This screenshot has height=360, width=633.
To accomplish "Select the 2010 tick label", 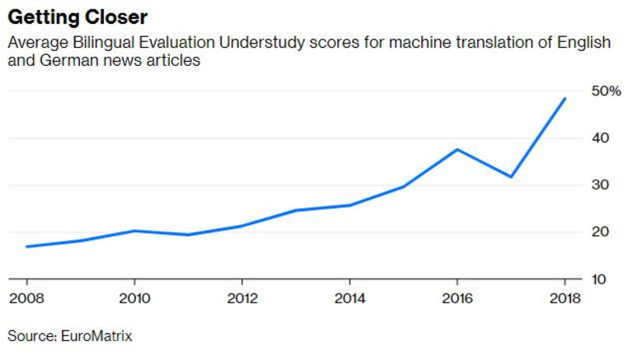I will pyautogui.click(x=134, y=297).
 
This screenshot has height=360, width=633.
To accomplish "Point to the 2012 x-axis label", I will pyautogui.click(x=241, y=297).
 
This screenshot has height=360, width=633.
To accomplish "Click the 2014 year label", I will pyautogui.click(x=349, y=297).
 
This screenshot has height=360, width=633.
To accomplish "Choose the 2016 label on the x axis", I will pyautogui.click(x=457, y=297).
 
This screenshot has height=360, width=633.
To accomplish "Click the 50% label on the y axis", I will pyautogui.click(x=606, y=91).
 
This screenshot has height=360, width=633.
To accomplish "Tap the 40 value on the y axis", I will pyautogui.click(x=601, y=138).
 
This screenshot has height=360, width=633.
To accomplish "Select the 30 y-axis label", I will pyautogui.click(x=601, y=185).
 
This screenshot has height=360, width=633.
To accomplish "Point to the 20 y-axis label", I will pyautogui.click(x=601, y=232).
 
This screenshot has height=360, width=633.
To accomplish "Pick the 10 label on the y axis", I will pyautogui.click(x=601, y=279).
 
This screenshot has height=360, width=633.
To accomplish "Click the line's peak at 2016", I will pyautogui.click(x=457, y=149).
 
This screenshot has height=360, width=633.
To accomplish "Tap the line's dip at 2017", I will pyautogui.click(x=511, y=176).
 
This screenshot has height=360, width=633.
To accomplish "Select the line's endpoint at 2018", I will pyautogui.click(x=565, y=98).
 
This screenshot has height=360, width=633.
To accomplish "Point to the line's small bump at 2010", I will pyautogui.click(x=134, y=231).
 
